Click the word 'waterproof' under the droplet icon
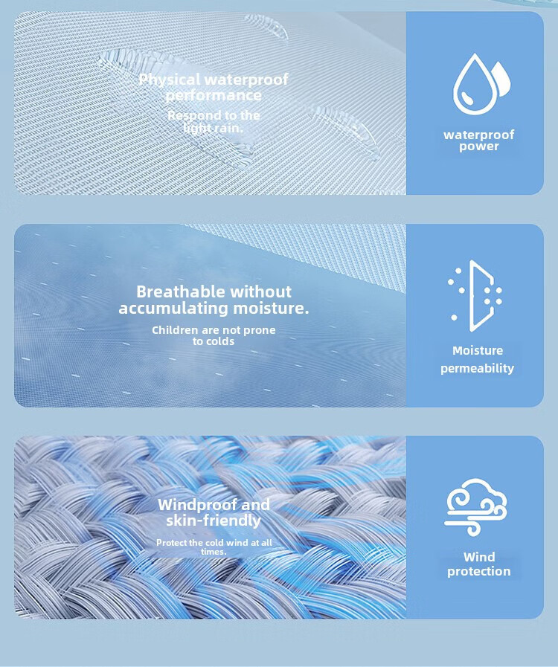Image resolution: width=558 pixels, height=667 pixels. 479,135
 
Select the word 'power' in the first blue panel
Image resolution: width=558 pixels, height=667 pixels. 479,146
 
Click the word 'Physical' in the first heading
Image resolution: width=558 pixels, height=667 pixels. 170,80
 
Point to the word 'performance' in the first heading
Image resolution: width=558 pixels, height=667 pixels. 214,95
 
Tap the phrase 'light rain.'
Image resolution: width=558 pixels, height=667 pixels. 214,127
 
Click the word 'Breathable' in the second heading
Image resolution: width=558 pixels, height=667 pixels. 181,291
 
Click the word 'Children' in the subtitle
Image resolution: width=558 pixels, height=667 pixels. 175,330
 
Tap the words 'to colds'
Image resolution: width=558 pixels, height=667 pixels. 214,341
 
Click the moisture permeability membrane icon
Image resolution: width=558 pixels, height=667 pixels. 475,296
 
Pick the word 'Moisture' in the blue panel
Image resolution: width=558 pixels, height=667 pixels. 478,350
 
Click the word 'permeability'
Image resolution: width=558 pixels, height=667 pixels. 477,368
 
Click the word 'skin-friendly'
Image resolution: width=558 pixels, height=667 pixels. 214,521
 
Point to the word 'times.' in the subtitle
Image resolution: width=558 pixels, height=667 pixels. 214,552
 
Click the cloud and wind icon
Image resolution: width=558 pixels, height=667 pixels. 476,507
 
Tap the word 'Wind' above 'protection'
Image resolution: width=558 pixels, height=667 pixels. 479,557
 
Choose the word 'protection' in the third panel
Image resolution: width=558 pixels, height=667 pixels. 479,571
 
